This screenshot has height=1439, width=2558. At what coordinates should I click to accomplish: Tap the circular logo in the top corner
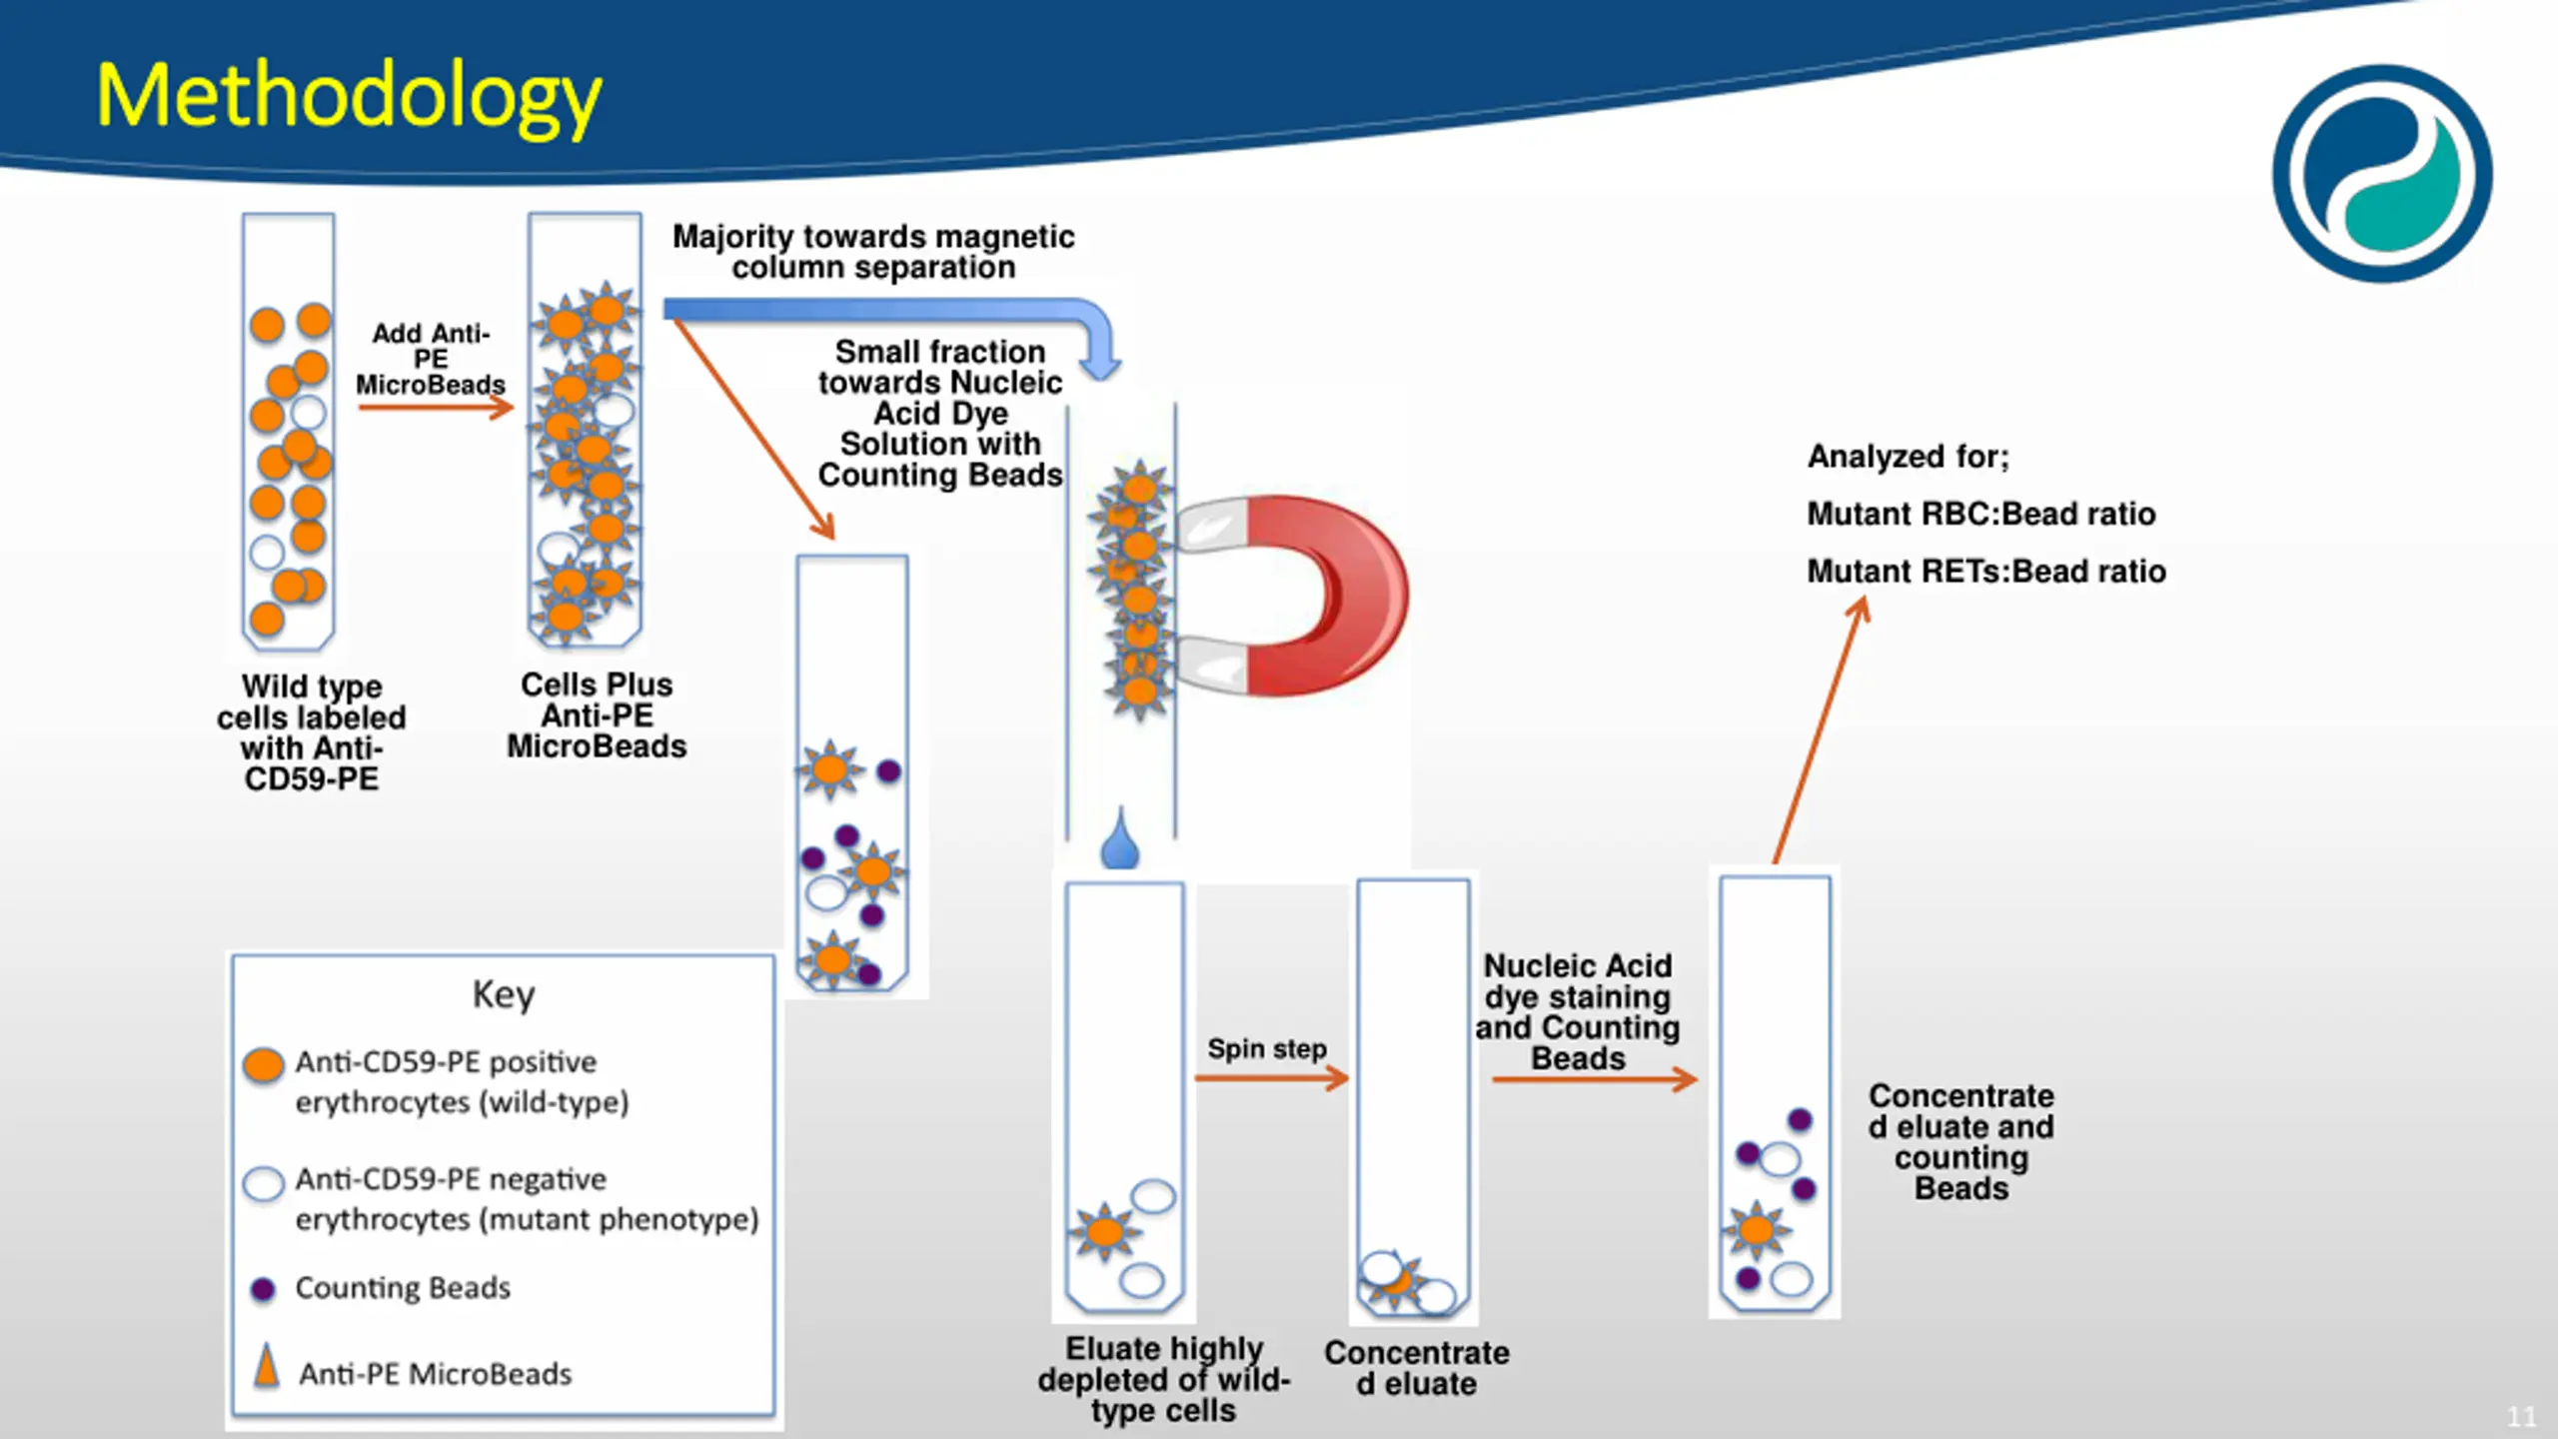pyautogui.click(x=2382, y=174)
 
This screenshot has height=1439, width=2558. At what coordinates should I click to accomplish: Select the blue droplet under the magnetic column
pyautogui.click(x=1120, y=839)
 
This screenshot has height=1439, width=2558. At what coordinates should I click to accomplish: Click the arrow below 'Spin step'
pyautogui.click(x=1272, y=1078)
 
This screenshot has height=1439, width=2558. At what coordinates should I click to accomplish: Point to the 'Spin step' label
pyautogui.click(x=1267, y=1048)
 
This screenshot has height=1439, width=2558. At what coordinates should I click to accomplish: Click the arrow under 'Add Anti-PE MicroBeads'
pyautogui.click(x=436, y=407)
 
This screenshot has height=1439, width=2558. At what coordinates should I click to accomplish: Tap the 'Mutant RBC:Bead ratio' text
pyautogui.click(x=1981, y=514)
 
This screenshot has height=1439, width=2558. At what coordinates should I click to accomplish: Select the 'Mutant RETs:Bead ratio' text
pyautogui.click(x=1986, y=572)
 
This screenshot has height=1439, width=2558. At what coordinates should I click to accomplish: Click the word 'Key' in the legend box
pyautogui.click(x=504, y=995)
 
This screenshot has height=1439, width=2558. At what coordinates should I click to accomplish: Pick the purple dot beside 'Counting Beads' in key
pyautogui.click(x=263, y=1289)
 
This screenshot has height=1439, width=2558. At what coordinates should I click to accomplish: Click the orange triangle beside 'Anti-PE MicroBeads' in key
pyautogui.click(x=266, y=1365)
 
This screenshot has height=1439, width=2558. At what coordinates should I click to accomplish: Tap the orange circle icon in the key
pyautogui.click(x=264, y=1065)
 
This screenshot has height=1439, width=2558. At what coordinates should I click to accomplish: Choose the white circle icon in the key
pyautogui.click(x=264, y=1183)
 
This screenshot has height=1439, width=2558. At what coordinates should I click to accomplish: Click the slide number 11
pyautogui.click(x=2521, y=1416)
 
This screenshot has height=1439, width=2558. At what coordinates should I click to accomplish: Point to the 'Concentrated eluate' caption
pyautogui.click(x=1417, y=1368)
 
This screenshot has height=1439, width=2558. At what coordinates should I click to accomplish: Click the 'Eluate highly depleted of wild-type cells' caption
pyautogui.click(x=1164, y=1379)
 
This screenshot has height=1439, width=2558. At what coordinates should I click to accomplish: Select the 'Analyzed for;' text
pyautogui.click(x=1909, y=457)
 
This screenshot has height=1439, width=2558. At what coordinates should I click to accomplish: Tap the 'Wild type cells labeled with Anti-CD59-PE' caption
pyautogui.click(x=312, y=732)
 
